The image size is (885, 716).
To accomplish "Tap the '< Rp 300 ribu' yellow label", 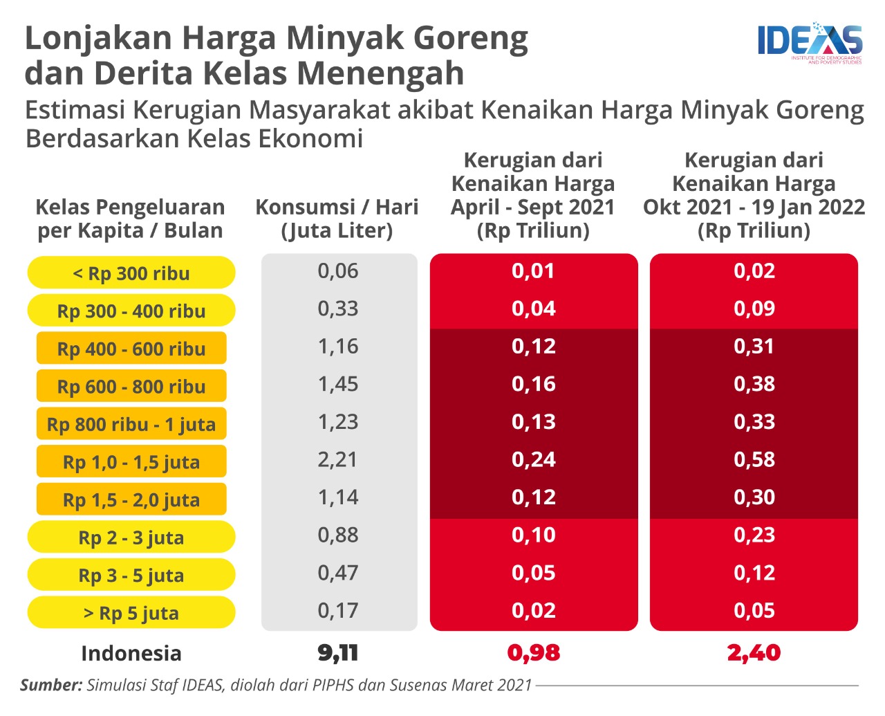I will click(x=131, y=273).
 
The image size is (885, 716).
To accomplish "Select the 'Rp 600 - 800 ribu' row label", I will click(x=131, y=386).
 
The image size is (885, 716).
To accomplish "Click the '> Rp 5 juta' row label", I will click(x=131, y=613).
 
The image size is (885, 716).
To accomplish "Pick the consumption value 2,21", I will click(x=338, y=459).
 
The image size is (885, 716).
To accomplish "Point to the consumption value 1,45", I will click(x=338, y=384).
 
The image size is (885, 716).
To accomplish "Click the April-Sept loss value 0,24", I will click(x=534, y=459).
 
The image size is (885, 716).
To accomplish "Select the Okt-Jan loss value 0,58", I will click(x=754, y=459).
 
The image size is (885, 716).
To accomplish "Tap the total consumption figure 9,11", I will click(x=338, y=652).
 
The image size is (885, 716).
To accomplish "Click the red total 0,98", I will click(x=534, y=652).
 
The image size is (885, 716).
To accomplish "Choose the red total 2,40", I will click(x=754, y=652).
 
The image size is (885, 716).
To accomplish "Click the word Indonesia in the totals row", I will click(x=131, y=653).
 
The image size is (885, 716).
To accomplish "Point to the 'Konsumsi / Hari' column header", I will click(x=337, y=219).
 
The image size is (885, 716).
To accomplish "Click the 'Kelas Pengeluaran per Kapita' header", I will click(x=130, y=219).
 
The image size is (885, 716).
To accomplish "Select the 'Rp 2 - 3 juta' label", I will click(x=131, y=538).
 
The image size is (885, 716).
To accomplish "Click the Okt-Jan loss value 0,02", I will click(x=754, y=270).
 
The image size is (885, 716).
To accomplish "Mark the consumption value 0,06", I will click(x=338, y=270).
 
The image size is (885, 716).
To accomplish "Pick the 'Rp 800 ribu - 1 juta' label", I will click(x=131, y=424).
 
